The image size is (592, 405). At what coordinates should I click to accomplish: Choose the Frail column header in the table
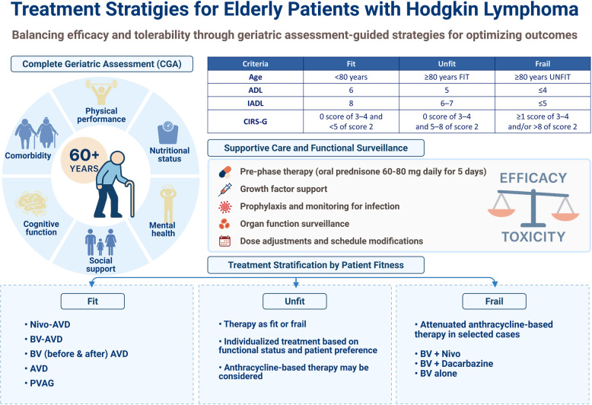(x=541, y=64)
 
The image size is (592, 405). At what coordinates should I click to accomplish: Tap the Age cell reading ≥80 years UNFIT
(x=541, y=78)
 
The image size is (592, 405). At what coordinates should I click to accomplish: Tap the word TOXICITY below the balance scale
(x=532, y=237)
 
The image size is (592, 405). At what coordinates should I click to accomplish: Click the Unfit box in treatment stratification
(x=294, y=300)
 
